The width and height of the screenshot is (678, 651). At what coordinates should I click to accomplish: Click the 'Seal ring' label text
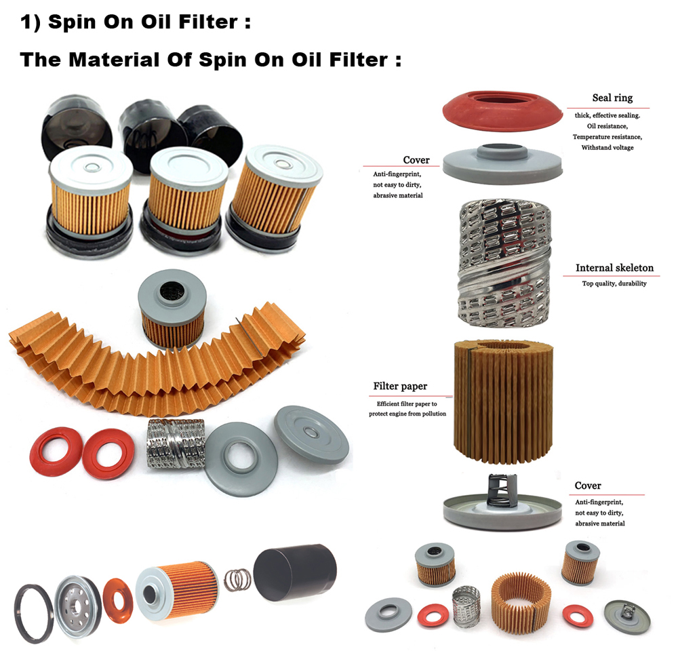(612, 98)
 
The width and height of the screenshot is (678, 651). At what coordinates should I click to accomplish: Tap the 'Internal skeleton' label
(614, 268)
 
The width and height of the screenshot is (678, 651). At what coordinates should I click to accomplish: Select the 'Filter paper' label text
(400, 387)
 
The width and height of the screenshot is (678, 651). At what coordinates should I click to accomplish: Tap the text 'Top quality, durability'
(614, 283)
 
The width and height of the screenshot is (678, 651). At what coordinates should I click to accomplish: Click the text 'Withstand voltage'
(607, 148)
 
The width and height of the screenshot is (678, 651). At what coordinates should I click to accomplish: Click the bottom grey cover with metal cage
(502, 506)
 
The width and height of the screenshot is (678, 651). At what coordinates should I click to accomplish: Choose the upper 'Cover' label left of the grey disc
(416, 160)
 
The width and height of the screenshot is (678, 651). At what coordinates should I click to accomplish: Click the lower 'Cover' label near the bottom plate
(588, 486)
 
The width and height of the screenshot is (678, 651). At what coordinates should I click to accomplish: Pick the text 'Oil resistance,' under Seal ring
(607, 126)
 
